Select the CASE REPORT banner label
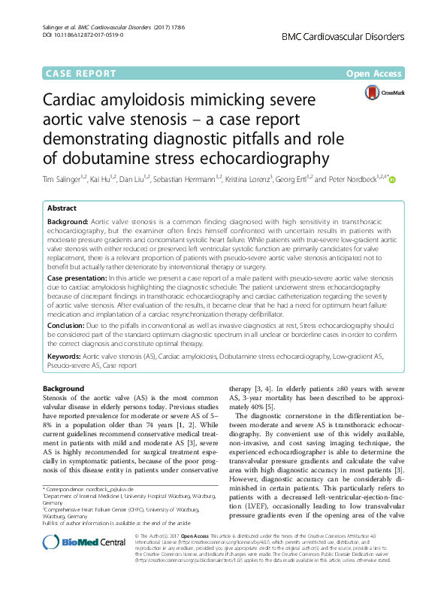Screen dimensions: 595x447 click(82, 74)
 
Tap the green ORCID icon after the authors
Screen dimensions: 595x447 click(391, 179)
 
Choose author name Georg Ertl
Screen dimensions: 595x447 click(291, 179)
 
